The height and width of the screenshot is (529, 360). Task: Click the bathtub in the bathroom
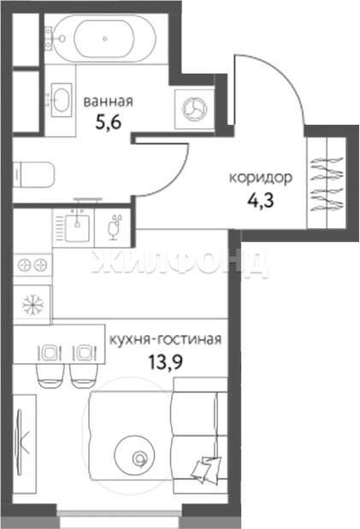point(104,38)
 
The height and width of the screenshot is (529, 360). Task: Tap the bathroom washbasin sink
point(61,99)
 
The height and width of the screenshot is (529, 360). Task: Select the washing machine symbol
point(193,109)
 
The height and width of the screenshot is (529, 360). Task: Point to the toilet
point(33,174)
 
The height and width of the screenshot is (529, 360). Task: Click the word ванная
point(108,102)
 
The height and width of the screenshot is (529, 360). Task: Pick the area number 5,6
point(108,123)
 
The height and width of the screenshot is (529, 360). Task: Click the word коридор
point(260,178)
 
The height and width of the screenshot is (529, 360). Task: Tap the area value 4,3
point(260,201)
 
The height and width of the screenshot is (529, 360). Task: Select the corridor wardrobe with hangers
point(327,183)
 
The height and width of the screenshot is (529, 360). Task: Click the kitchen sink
point(77,228)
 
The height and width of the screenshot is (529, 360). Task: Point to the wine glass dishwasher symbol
point(114,227)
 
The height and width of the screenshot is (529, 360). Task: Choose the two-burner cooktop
point(32,265)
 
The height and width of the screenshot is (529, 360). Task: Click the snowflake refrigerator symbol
point(32,304)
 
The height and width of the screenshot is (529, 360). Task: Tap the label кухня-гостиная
point(165,340)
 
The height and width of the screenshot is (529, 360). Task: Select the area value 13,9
point(166,362)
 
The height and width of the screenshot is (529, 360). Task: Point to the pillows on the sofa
point(206,468)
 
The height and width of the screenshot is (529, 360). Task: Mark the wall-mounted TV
point(21,443)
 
